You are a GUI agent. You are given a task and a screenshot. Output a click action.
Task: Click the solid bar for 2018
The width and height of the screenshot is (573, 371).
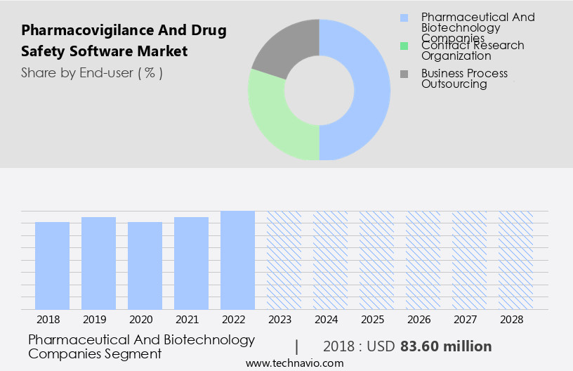52,266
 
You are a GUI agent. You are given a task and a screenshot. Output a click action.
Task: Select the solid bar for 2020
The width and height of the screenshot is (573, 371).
145,266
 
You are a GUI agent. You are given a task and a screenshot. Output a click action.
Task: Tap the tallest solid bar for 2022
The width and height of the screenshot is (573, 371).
237,260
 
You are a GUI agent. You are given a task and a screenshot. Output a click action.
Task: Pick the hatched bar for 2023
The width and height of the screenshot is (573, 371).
284,260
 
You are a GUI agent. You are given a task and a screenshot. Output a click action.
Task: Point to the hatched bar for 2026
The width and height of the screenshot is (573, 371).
423,260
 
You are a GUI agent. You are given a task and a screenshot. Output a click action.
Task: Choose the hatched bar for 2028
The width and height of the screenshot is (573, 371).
515,260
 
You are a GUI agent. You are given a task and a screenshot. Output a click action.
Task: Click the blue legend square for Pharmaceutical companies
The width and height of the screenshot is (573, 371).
404,18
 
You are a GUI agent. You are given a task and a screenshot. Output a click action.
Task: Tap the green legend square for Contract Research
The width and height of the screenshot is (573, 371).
404,46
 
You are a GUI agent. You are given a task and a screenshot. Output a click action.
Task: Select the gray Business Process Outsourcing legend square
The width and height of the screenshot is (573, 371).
404,74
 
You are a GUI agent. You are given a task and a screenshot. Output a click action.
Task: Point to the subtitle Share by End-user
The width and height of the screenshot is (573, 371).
92,72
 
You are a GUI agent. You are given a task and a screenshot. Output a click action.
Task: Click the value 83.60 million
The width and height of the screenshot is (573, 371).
446,346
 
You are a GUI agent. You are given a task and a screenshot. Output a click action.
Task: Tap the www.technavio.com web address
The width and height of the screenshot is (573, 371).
295,363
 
